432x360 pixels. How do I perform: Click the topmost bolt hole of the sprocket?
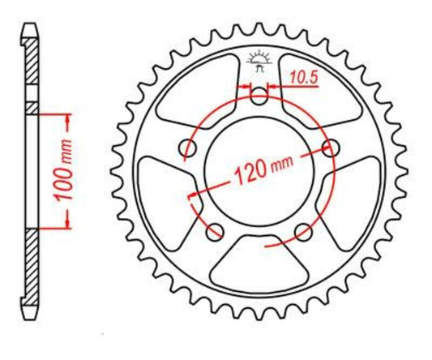point(259,97)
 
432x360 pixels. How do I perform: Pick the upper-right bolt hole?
point(331,148)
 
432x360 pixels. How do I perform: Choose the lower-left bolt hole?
point(215,233)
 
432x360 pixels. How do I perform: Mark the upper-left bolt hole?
point(190,148)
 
